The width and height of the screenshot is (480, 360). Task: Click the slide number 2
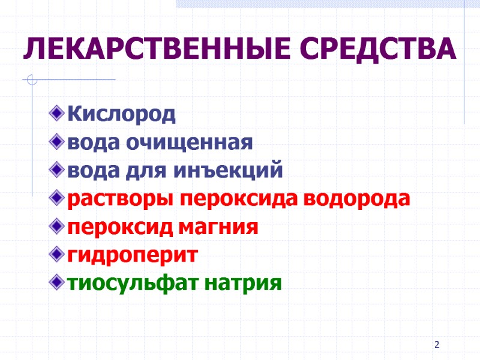[437, 345]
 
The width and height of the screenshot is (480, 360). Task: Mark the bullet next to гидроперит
[57, 255]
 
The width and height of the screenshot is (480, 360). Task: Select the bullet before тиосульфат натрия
[57, 283]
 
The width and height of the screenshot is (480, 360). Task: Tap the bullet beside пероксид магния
[57, 227]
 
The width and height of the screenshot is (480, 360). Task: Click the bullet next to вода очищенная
[57, 142]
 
